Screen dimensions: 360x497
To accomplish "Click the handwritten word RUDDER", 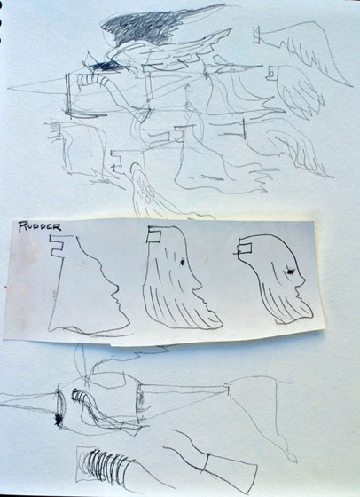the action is tap(39, 226).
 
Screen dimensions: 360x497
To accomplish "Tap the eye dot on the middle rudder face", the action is tap(183, 262).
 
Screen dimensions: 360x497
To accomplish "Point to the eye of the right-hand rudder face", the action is tap(290, 272).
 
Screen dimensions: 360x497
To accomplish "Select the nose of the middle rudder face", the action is tap(199, 284).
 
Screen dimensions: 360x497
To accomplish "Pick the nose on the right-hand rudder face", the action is tap(302, 280).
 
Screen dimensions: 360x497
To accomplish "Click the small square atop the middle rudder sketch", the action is tap(154, 237).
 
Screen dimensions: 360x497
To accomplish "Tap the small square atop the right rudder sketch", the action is tap(245, 248).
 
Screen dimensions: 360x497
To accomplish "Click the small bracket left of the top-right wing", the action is tap(256, 35).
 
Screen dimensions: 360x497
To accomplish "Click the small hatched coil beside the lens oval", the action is tap(78, 396).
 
